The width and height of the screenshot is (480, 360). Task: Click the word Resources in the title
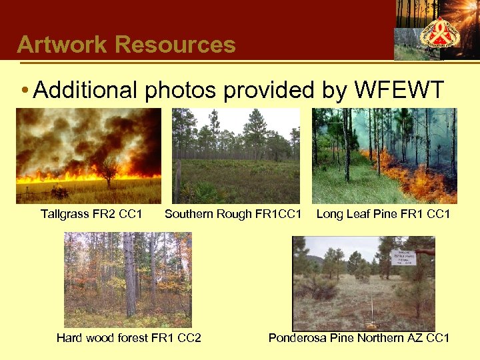175,45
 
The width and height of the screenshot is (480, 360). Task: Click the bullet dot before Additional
24,91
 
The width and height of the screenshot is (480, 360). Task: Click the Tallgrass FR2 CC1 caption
91,214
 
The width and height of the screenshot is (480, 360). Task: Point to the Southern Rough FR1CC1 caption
233,214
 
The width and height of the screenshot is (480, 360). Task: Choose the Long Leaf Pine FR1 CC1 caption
383,214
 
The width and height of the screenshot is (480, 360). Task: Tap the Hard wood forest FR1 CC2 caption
129,338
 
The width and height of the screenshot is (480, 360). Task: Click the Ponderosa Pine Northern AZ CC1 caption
359,338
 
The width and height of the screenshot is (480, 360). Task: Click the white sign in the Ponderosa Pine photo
403,257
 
